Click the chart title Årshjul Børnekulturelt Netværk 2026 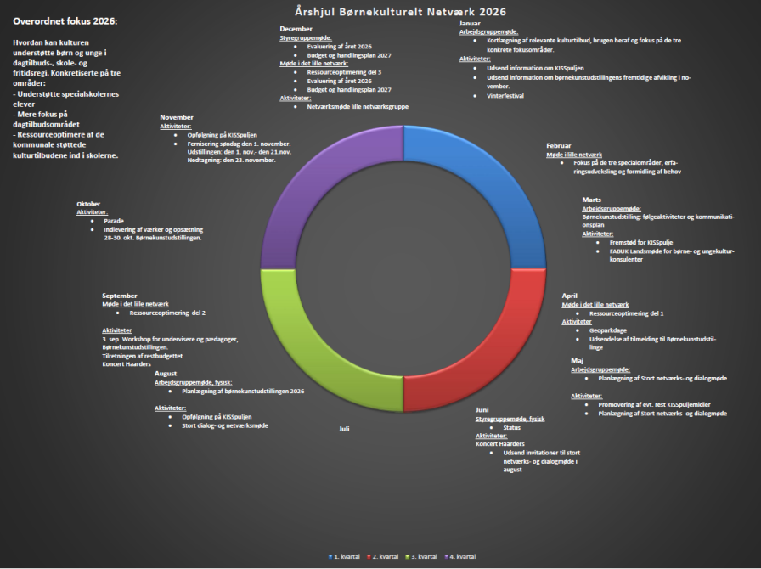[400, 12]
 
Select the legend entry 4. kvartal [461, 556]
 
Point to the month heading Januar [470, 24]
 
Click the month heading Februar [559, 146]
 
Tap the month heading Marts [592, 200]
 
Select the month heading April [569, 296]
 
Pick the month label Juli [344, 429]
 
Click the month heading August [166, 374]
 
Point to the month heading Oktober [88, 204]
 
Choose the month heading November [177, 117]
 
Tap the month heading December [296, 29]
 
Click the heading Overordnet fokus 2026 [65, 20]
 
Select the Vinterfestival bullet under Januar [505, 96]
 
